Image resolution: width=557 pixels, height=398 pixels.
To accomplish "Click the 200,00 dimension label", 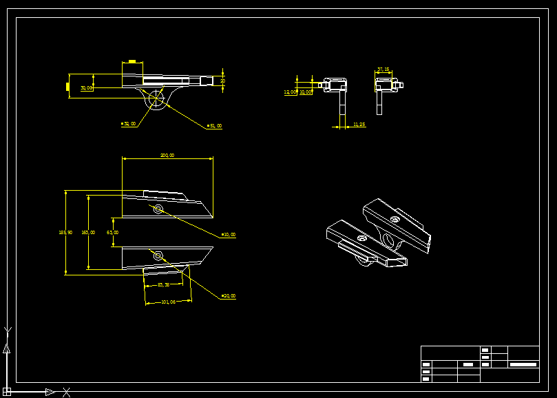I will (167, 156).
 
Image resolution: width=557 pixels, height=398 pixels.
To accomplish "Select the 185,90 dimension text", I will (65, 233).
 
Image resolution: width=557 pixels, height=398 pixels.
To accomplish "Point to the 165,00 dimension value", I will (88, 233).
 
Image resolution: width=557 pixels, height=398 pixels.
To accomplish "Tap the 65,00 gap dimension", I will (112, 233).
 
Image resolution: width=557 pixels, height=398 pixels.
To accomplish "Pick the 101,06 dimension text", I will (168, 302).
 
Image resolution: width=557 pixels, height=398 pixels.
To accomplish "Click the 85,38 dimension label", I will (163, 284).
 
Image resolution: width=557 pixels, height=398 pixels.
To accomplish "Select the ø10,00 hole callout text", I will (229, 235).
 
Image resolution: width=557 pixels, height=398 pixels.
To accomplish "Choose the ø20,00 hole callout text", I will (229, 296).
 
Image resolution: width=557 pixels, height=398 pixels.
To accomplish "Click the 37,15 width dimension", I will (383, 70).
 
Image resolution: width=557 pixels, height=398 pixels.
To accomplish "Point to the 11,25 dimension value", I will (359, 125).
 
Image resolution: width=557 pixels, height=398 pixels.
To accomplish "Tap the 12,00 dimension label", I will (290, 92).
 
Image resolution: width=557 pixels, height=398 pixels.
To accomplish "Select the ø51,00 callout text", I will (215, 126).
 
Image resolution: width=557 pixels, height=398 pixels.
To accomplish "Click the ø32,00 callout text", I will (129, 124).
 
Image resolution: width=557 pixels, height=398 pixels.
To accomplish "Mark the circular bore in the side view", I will (157, 101).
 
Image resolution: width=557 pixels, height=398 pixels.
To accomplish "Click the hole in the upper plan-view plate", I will (158, 209).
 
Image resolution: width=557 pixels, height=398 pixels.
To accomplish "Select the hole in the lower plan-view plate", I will (158, 256).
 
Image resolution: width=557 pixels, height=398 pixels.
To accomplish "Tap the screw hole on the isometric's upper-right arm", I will (395, 219).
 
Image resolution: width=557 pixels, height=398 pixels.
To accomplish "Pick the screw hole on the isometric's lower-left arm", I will (362, 238).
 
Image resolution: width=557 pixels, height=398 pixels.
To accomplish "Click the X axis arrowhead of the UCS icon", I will (50, 392).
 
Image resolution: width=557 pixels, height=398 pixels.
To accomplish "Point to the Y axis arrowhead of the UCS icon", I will (7, 348).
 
